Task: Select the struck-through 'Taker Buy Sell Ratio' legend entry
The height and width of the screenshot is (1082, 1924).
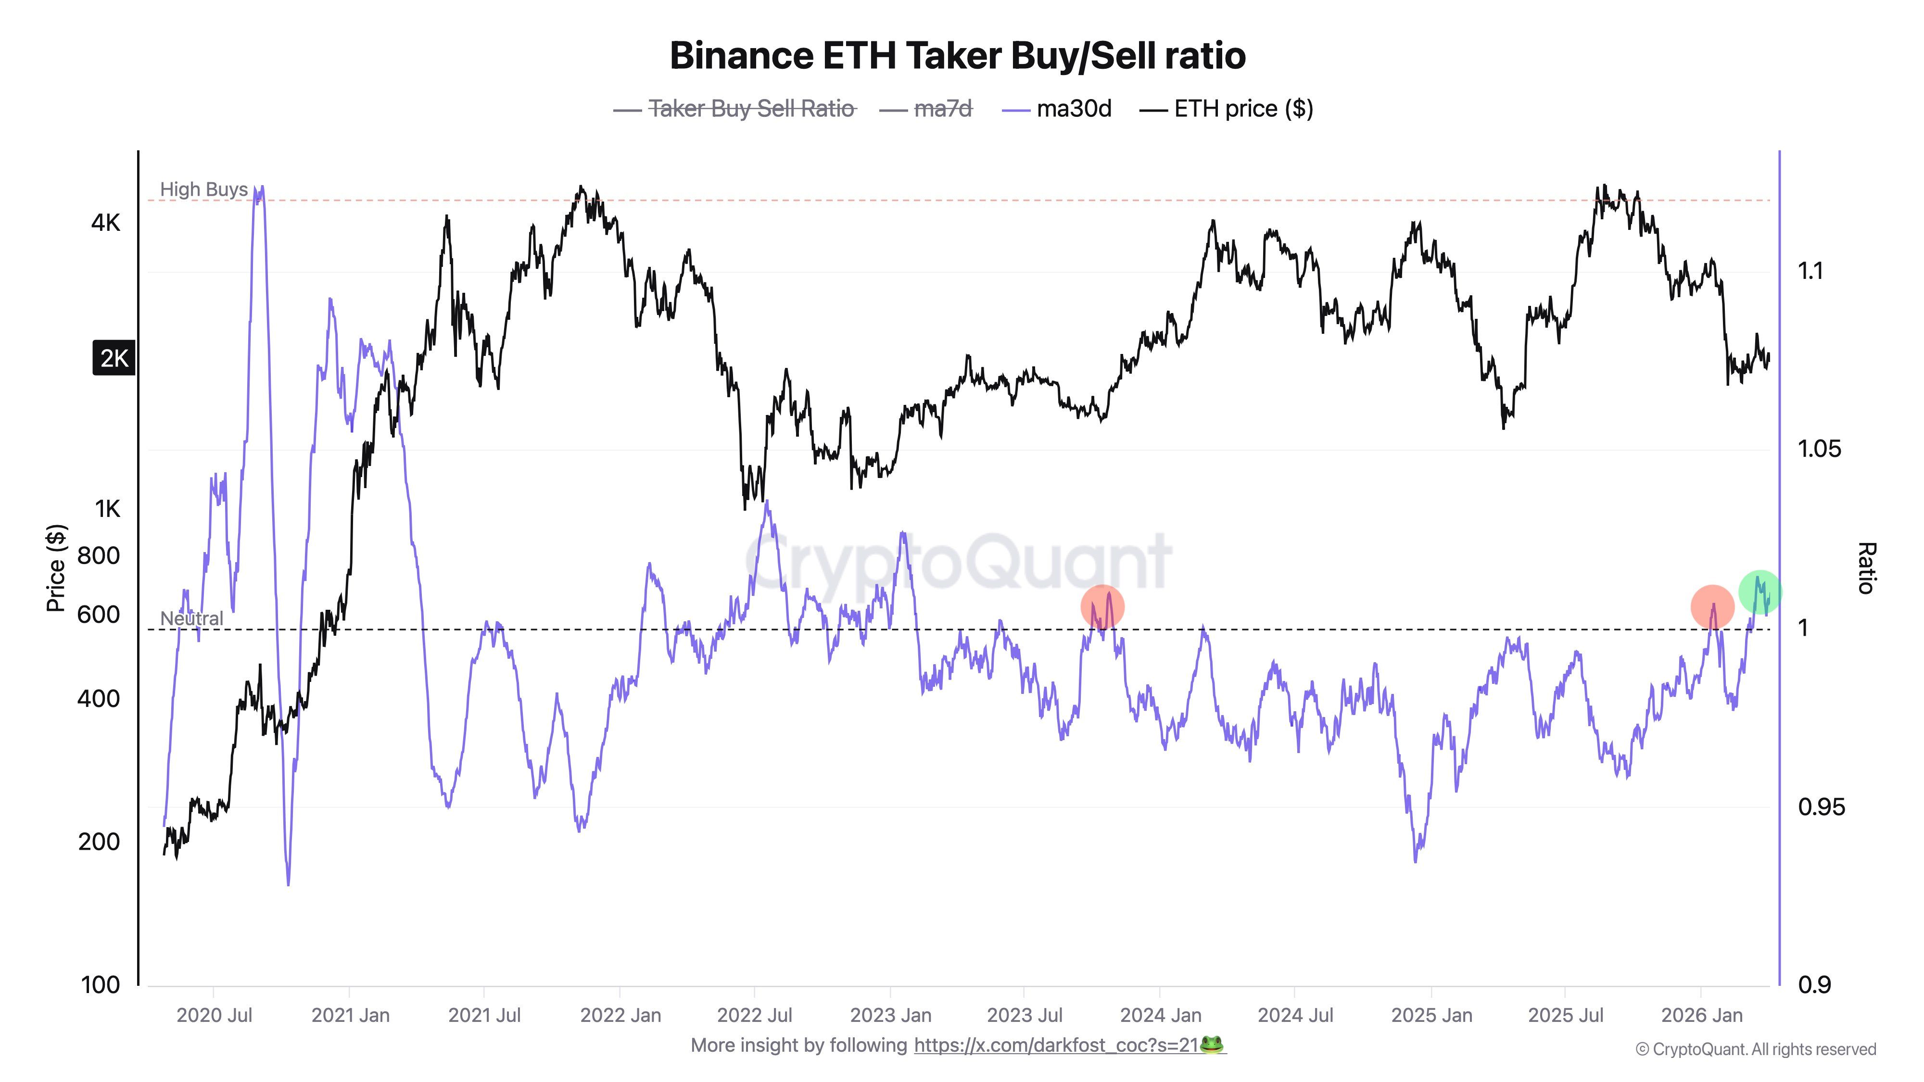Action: pos(751,109)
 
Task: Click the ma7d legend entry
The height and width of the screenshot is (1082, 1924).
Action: pos(943,109)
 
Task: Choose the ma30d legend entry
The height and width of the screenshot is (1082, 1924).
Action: pos(1073,109)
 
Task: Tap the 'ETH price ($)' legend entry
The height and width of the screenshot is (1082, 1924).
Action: pos(1243,109)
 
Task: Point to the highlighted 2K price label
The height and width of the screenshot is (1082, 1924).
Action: pos(114,358)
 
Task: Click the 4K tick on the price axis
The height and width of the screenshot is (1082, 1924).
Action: pos(105,223)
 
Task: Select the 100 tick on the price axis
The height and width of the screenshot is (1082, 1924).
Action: pos(100,985)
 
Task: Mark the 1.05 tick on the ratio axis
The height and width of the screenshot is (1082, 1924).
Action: pos(1820,449)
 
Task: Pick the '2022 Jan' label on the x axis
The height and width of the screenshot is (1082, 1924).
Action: pos(620,1016)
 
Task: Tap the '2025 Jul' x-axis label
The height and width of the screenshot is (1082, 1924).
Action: pos(1566,1016)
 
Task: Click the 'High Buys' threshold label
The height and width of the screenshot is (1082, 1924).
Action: pos(203,189)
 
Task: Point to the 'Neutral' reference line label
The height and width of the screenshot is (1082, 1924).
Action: pos(191,618)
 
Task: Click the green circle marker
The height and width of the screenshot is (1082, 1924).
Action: pos(1759,592)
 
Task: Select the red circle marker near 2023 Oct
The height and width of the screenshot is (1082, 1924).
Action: pos(1101,607)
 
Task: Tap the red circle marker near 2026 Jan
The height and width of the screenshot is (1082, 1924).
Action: pos(1712,607)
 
